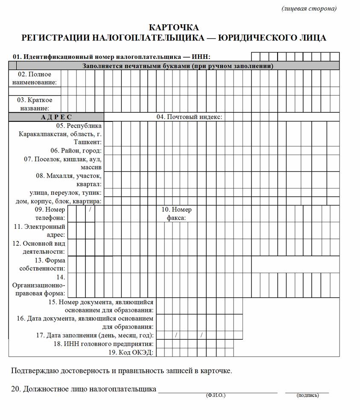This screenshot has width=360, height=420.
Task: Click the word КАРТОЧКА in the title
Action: [x=174, y=28]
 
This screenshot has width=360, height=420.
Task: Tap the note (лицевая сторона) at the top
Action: [x=309, y=9]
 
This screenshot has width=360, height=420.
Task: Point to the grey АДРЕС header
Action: [x=56, y=117]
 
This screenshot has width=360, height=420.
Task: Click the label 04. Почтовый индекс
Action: [x=189, y=117]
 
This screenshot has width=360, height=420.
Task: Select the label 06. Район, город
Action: [x=76, y=150]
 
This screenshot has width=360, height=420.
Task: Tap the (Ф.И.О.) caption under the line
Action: [x=215, y=395]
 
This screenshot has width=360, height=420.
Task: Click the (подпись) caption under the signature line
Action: [x=307, y=395]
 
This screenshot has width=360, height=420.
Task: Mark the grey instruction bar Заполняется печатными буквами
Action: [x=178, y=66]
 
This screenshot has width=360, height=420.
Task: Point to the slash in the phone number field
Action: [x=90, y=209]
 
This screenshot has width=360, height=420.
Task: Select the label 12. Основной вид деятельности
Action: [x=39, y=247]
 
